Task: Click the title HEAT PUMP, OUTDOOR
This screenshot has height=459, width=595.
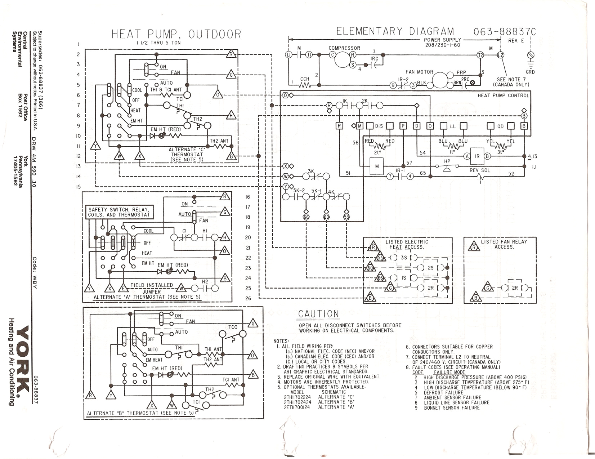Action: [x=176, y=35]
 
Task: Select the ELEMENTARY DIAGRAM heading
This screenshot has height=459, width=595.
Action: [x=395, y=32]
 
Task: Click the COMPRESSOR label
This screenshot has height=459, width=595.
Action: [x=344, y=48]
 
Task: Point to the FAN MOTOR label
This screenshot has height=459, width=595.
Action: [x=419, y=72]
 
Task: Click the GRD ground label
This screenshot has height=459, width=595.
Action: [x=530, y=72]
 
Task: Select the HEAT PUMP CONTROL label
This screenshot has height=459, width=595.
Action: [x=503, y=95]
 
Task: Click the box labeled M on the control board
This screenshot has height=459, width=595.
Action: [x=377, y=166]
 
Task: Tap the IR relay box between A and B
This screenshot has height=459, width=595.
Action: [x=477, y=156]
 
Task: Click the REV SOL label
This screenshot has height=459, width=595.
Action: [x=480, y=170]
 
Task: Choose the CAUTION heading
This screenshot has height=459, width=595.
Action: [x=318, y=314]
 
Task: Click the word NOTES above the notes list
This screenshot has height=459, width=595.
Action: [x=281, y=341]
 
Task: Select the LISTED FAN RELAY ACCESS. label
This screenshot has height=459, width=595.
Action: [x=504, y=244]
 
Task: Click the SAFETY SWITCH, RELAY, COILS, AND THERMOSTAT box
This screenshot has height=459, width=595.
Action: [x=119, y=212]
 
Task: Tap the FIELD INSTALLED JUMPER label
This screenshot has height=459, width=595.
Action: [x=152, y=288]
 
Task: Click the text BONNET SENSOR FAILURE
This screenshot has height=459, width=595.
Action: [x=452, y=408]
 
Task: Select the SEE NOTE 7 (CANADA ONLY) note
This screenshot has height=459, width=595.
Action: [x=511, y=82]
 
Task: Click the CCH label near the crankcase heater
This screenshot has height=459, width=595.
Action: [x=305, y=79]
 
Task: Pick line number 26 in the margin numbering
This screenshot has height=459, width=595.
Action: [x=248, y=298]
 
